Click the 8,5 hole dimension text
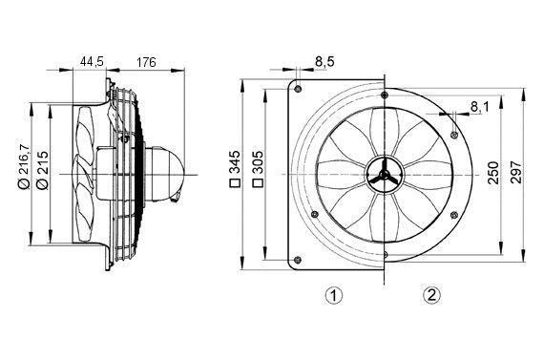pos(324,62)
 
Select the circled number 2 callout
pos(432,295)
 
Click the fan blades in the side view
pos(86,172)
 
